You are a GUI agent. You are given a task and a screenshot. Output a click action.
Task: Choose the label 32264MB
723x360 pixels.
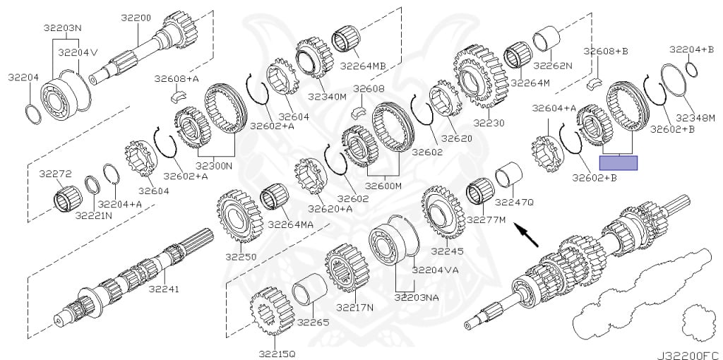tap(363, 66)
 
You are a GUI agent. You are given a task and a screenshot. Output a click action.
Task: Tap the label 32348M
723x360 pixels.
tap(696, 116)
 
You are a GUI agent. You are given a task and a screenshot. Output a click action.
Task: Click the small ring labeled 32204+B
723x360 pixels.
tap(692, 69)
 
